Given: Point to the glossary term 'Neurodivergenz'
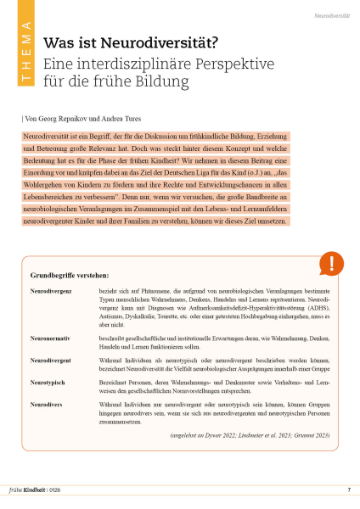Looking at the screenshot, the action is (x=51, y=291).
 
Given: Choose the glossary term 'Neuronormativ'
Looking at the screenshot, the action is (x=50, y=338).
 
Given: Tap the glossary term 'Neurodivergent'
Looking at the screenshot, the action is (x=51, y=361).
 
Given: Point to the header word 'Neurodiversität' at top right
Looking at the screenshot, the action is (x=333, y=15).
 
